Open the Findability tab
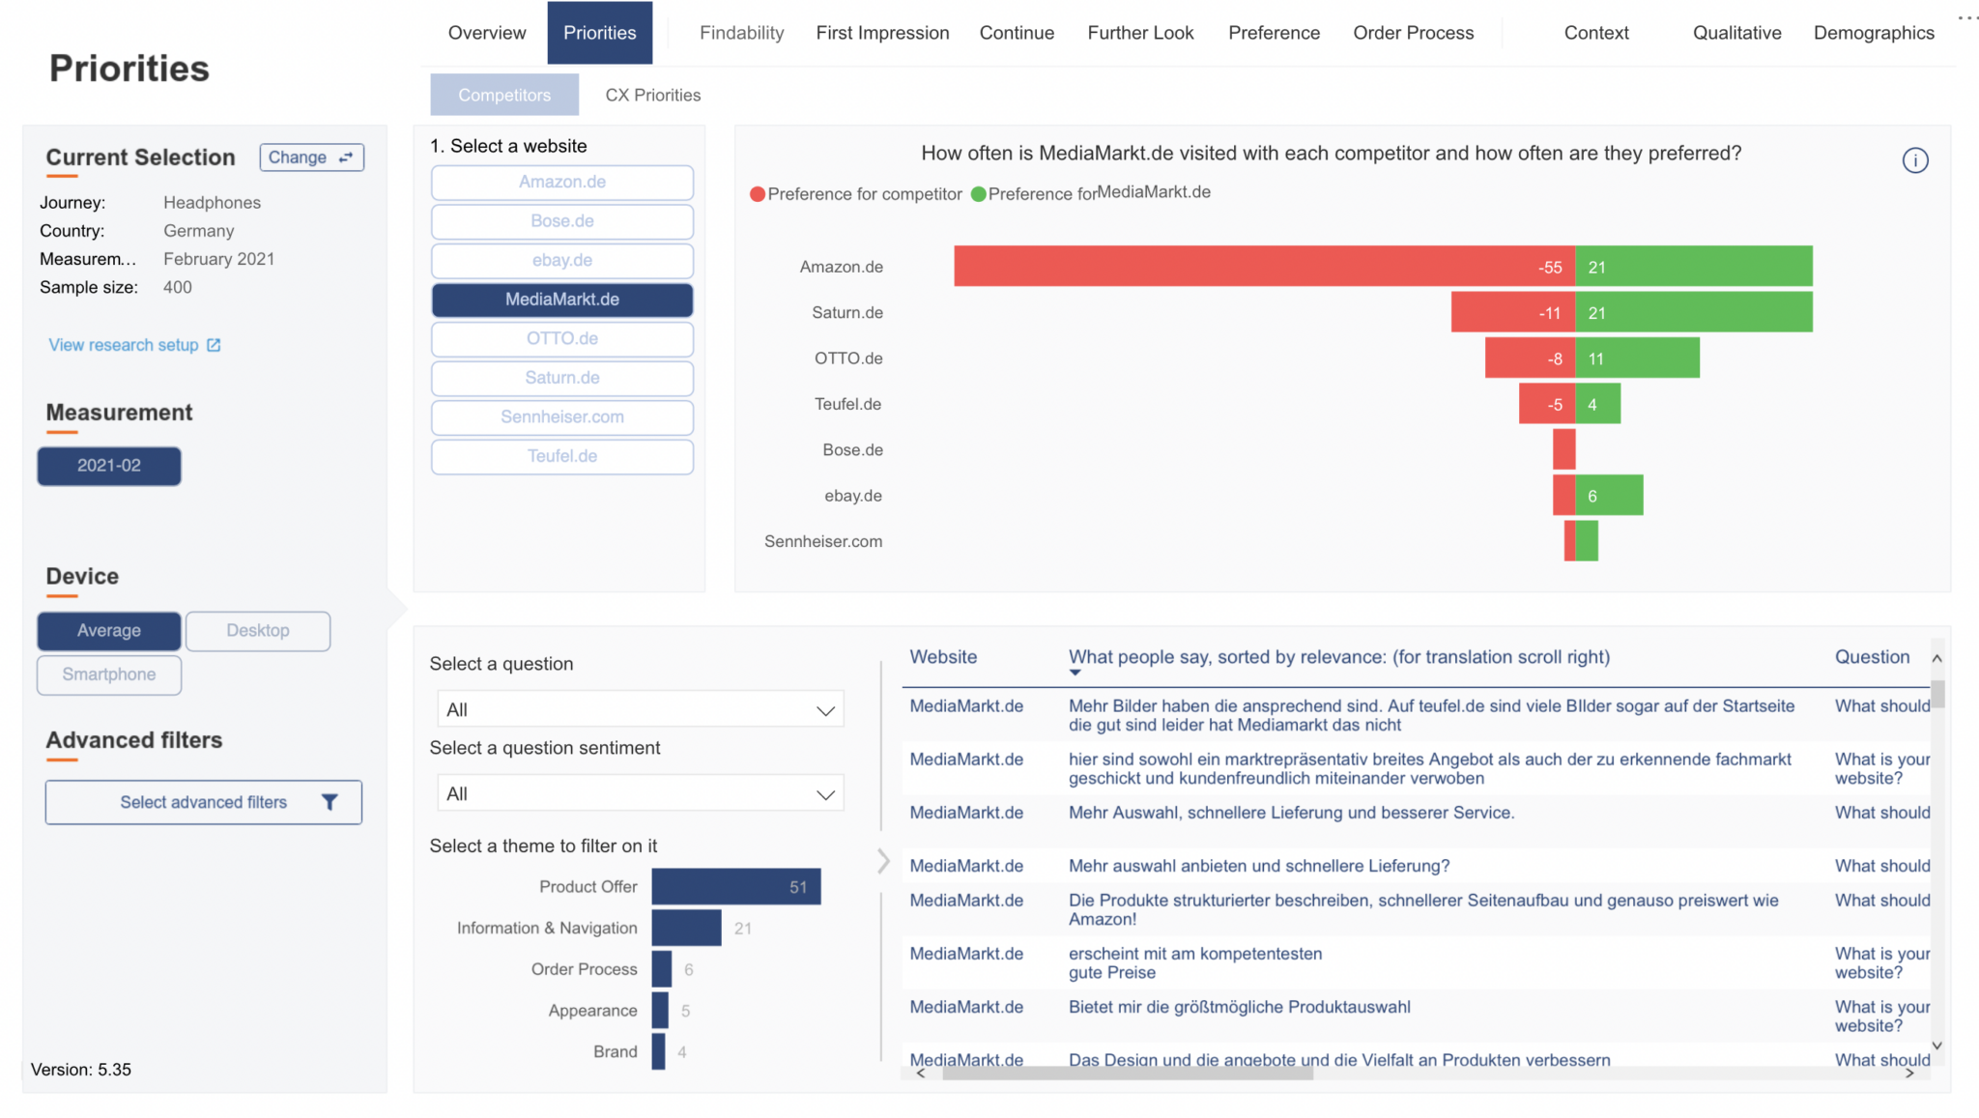pyautogui.click(x=741, y=33)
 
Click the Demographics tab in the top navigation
pyautogui.click(x=1873, y=33)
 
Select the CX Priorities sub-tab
pyautogui.click(x=652, y=95)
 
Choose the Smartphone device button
pyautogui.click(x=109, y=674)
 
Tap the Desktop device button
pyautogui.click(x=258, y=631)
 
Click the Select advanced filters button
pyautogui.click(x=204, y=802)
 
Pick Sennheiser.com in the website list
pyautogui.click(x=561, y=417)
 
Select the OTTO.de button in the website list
pyautogui.click(x=561, y=339)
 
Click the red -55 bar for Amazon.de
pyautogui.click(x=1256, y=267)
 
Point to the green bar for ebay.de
pyautogui.click(x=1609, y=496)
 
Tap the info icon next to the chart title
pyautogui.click(x=1914, y=160)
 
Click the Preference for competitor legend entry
pyautogui.click(x=856, y=194)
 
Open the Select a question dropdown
pyautogui.click(x=640, y=709)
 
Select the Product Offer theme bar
pyautogui.click(x=735, y=887)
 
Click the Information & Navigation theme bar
pyautogui.click(x=686, y=929)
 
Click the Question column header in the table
pyautogui.click(x=1872, y=657)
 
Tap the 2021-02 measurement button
pyautogui.click(x=109, y=466)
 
